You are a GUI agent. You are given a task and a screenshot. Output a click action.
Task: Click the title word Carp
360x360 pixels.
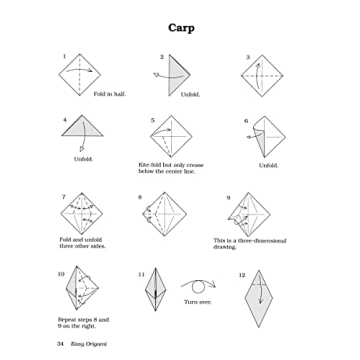180,27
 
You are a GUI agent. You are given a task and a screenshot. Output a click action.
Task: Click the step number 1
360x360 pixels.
64,56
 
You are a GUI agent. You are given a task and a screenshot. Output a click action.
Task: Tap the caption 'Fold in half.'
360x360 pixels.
109,94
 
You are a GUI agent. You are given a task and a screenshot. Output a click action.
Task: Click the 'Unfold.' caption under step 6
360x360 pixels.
268,165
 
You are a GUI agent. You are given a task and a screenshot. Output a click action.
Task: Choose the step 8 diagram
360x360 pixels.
169,217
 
